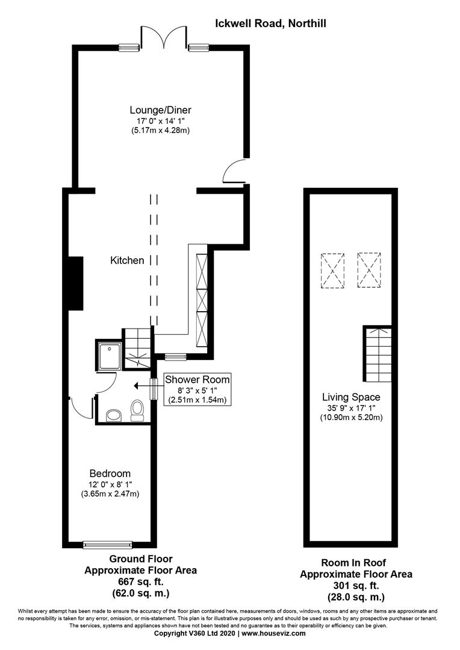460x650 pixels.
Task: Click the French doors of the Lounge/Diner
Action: [x=163, y=36]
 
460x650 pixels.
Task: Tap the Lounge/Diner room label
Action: [x=160, y=110]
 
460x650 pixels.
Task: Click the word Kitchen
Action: [x=127, y=261]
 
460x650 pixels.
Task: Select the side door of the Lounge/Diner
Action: [x=235, y=172]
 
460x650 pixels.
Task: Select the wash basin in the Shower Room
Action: [x=113, y=415]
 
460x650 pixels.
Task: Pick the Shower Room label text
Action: [x=197, y=380]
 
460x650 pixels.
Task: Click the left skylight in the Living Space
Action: [x=333, y=271]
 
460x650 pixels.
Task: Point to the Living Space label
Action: [x=351, y=397]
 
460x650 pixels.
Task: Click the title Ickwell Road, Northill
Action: [x=271, y=23]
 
